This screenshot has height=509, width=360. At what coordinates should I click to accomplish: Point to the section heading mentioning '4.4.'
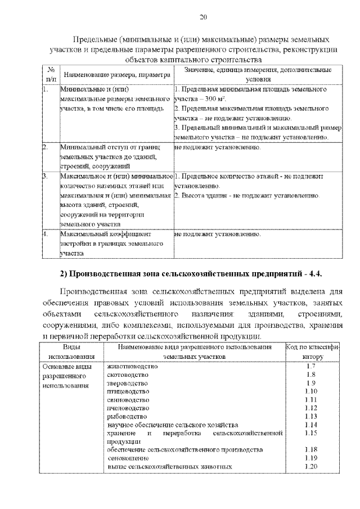click(x=194, y=273)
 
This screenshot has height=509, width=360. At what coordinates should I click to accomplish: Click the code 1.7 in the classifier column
click(x=311, y=366)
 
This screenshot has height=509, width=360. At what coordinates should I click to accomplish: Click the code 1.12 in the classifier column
click(x=311, y=408)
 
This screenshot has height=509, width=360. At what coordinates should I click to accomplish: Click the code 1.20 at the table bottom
click(x=311, y=467)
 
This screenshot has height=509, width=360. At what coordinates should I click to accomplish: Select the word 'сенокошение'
click(x=128, y=458)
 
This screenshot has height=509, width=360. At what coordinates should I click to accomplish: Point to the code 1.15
click(x=311, y=433)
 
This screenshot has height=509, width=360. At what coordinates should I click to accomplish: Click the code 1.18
click(x=311, y=450)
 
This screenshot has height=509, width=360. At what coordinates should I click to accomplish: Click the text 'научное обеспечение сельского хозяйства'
click(x=173, y=425)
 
